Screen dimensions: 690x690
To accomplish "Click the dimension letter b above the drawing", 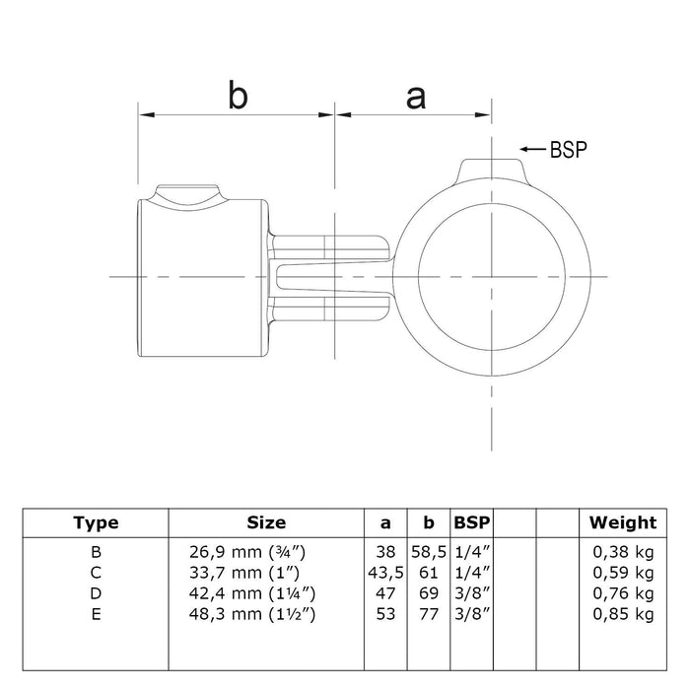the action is click(x=239, y=95).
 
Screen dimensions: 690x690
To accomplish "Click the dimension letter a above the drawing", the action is click(x=416, y=99).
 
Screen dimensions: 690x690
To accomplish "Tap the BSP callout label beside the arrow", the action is click(x=569, y=150).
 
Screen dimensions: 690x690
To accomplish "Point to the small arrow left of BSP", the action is click(x=533, y=149).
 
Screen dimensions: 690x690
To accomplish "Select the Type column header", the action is click(x=96, y=522).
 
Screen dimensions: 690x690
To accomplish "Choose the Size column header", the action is click(x=266, y=522).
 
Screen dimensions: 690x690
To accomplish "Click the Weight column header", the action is click(x=623, y=522).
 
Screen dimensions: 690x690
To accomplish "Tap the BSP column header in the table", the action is click(x=472, y=522).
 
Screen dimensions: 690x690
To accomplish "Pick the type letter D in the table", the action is click(x=96, y=593).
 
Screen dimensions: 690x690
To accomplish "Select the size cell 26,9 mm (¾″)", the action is click(x=247, y=552).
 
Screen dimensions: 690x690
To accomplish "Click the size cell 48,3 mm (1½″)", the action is click(x=252, y=614).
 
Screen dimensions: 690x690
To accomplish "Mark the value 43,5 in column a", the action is click(x=385, y=573).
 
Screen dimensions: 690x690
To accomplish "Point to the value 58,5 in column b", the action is click(x=429, y=552).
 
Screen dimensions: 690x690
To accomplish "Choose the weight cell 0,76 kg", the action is click(x=623, y=593).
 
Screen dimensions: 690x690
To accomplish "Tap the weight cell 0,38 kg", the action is click(x=623, y=552).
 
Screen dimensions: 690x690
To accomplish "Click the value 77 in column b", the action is click(x=429, y=614).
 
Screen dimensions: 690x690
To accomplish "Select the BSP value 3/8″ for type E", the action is click(x=472, y=614).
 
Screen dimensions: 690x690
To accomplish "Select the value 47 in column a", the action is click(x=385, y=593).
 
